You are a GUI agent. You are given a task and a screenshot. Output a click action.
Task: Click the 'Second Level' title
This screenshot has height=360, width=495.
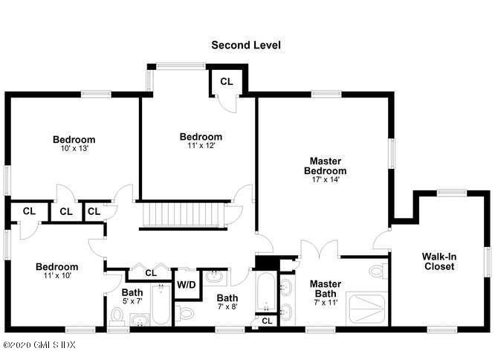pyautogui.click(x=246, y=45)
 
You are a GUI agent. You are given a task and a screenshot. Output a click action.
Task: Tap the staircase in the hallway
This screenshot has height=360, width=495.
pyautogui.click(x=182, y=214)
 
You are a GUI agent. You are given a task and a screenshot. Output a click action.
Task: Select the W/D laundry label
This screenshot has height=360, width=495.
pyautogui.click(x=186, y=284)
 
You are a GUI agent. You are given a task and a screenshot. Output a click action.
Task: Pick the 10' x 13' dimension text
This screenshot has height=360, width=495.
pyautogui.click(x=74, y=149)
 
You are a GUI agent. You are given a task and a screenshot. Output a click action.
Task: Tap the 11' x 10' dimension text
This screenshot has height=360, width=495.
pyautogui.click(x=57, y=277)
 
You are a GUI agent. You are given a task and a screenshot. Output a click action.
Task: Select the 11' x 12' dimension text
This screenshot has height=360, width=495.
pyautogui.click(x=201, y=147)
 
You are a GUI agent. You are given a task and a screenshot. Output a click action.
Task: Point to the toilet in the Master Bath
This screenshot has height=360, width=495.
pyautogui.click(x=378, y=270)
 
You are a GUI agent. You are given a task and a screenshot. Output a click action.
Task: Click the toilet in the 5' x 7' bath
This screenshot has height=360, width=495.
pyautogui.click(x=117, y=317)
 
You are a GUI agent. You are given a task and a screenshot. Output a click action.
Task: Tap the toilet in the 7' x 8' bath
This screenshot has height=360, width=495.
pyautogui.click(x=187, y=312)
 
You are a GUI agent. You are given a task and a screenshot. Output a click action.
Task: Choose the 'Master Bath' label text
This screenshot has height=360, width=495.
pyautogui.click(x=325, y=288)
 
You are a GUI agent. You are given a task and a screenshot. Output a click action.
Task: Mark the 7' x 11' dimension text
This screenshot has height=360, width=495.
pyautogui.click(x=325, y=303)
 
